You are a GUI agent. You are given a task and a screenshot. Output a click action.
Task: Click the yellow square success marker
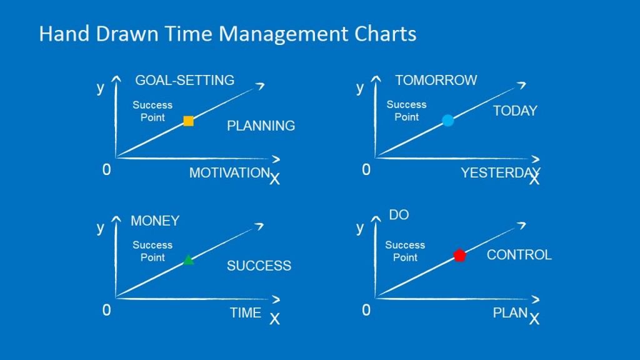(x=188, y=121)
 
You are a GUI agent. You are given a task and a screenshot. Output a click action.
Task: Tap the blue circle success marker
(x=447, y=121)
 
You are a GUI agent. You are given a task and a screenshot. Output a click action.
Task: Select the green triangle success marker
(x=188, y=259)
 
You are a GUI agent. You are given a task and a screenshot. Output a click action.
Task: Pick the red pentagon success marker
(x=459, y=255)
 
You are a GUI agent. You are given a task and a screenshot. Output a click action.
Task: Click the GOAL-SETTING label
(x=184, y=80)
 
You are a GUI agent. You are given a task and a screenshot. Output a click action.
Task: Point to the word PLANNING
(x=261, y=126)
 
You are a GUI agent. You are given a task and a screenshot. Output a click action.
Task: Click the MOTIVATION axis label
(x=229, y=173)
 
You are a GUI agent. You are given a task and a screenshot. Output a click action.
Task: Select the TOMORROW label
(x=436, y=80)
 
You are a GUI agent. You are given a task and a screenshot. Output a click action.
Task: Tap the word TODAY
(x=515, y=111)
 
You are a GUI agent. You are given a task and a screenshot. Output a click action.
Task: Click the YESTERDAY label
(x=500, y=173)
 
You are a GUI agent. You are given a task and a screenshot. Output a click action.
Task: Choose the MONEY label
(x=155, y=221)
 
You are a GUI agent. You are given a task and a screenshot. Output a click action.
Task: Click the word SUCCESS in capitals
(x=259, y=266)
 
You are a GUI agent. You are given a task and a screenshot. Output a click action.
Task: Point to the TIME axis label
(x=246, y=313)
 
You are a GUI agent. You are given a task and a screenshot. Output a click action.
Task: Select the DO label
(x=399, y=215)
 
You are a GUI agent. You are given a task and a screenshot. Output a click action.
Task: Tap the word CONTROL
(x=519, y=255)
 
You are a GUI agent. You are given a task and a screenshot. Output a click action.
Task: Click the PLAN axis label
(x=510, y=313)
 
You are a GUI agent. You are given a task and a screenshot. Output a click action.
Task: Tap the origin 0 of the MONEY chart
(x=106, y=310)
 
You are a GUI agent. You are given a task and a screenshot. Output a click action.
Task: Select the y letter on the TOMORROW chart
(x=360, y=87)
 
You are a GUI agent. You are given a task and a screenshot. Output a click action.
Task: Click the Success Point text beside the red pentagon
(x=405, y=251)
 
